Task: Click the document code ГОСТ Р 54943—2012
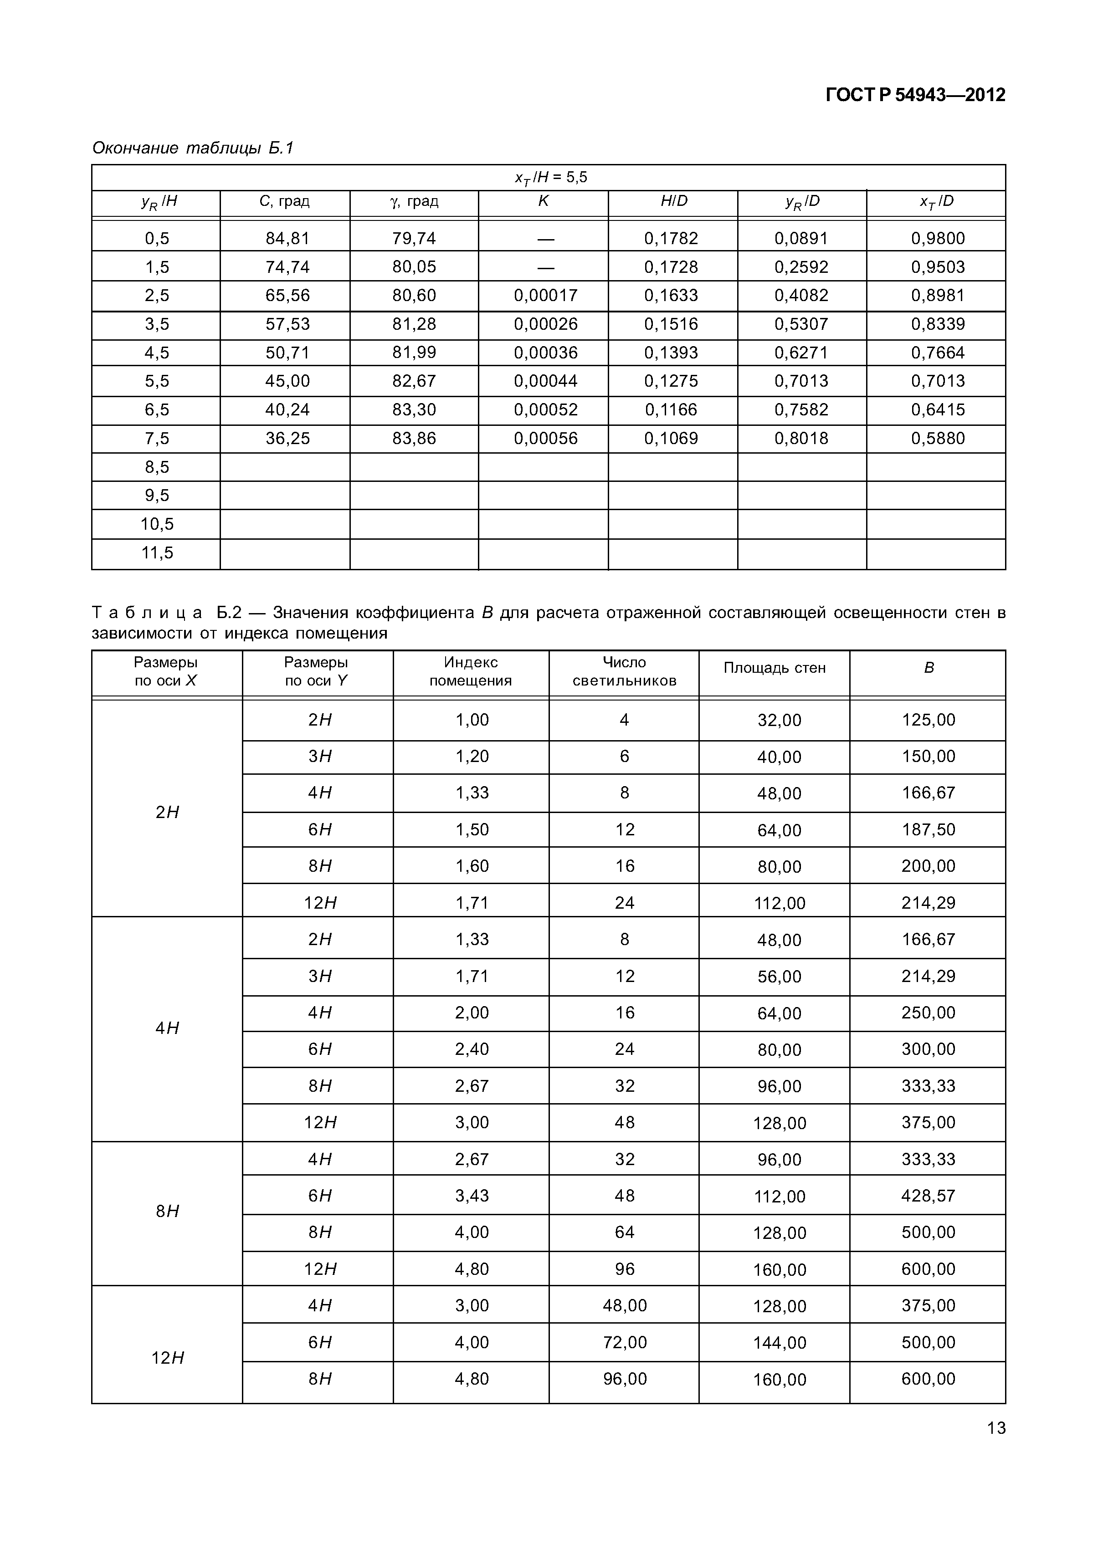click(x=915, y=95)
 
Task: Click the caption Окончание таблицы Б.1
click(x=192, y=148)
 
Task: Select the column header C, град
click(x=284, y=201)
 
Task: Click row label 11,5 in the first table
click(x=157, y=552)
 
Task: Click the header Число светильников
click(x=624, y=671)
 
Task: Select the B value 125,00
click(x=928, y=720)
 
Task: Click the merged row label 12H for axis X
click(x=167, y=1357)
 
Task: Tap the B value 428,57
click(x=928, y=1195)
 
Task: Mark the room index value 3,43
click(x=472, y=1195)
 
